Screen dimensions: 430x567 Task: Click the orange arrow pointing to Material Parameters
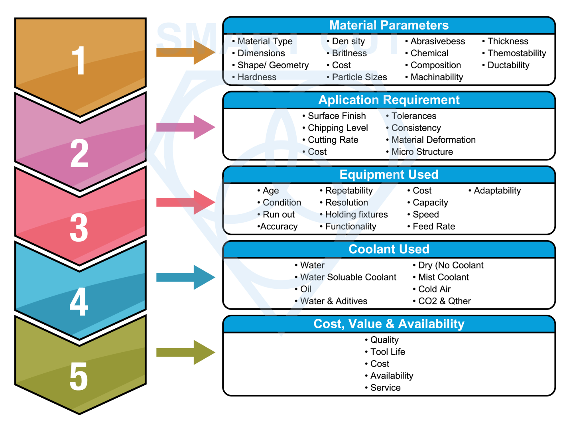click(x=185, y=52)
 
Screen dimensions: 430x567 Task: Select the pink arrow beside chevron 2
click(x=185, y=127)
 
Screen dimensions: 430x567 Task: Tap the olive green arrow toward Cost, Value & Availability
click(x=185, y=352)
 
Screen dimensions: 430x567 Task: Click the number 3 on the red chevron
click(x=79, y=228)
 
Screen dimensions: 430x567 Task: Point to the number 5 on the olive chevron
click(x=79, y=377)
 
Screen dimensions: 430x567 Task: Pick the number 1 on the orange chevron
click(x=79, y=60)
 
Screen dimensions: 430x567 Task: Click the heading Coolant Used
click(x=389, y=249)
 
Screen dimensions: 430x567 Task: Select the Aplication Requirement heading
click(x=389, y=100)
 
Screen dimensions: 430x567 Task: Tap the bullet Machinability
click(x=437, y=77)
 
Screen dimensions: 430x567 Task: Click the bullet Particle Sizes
click(x=359, y=77)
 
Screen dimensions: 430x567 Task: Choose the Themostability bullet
click(x=516, y=53)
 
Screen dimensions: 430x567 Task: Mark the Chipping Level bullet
click(x=338, y=128)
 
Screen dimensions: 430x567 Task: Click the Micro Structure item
click(x=422, y=152)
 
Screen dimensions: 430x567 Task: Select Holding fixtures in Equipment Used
click(x=356, y=215)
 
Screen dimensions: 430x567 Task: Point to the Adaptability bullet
click(x=497, y=191)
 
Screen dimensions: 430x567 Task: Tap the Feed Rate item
click(x=433, y=227)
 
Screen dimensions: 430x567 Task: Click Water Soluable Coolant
click(x=348, y=277)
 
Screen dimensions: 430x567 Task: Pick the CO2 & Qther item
click(x=444, y=301)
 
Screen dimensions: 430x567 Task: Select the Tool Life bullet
click(x=387, y=352)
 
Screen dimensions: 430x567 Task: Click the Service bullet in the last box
click(x=385, y=388)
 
